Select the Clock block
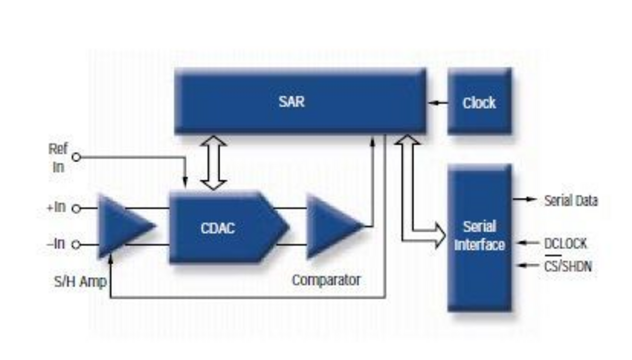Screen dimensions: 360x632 479,102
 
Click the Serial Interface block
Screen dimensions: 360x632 479,237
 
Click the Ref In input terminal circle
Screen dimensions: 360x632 76,157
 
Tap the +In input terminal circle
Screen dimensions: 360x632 76,208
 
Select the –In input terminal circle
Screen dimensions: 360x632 76,244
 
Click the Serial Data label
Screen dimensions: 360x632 571,200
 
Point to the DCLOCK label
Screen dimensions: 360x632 565,243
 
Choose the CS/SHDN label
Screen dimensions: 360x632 568,265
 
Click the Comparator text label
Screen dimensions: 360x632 326,280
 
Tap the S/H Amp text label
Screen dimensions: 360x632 80,282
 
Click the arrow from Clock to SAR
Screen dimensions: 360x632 438,103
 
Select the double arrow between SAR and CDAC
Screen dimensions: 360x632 213,162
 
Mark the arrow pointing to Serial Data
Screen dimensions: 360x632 525,199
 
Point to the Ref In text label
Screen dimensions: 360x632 58,157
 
